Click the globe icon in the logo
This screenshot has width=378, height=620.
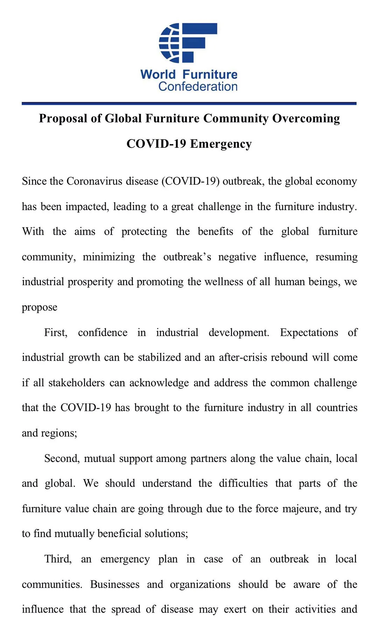(x=169, y=43)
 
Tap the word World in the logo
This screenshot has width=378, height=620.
(x=158, y=75)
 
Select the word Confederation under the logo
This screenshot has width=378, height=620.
(x=198, y=87)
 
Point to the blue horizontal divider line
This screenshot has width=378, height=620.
(x=189, y=104)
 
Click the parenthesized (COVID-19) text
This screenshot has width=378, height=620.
(x=190, y=181)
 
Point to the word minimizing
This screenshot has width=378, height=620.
(x=108, y=257)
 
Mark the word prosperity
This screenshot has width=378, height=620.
(x=90, y=282)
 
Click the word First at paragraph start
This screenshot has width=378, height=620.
(x=56, y=332)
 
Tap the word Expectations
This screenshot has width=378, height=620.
(x=309, y=332)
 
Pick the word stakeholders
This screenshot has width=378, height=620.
(x=77, y=383)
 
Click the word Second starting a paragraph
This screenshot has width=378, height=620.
(x=62, y=459)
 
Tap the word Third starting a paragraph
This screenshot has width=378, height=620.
(x=58, y=559)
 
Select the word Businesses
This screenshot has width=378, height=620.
(x=115, y=584)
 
